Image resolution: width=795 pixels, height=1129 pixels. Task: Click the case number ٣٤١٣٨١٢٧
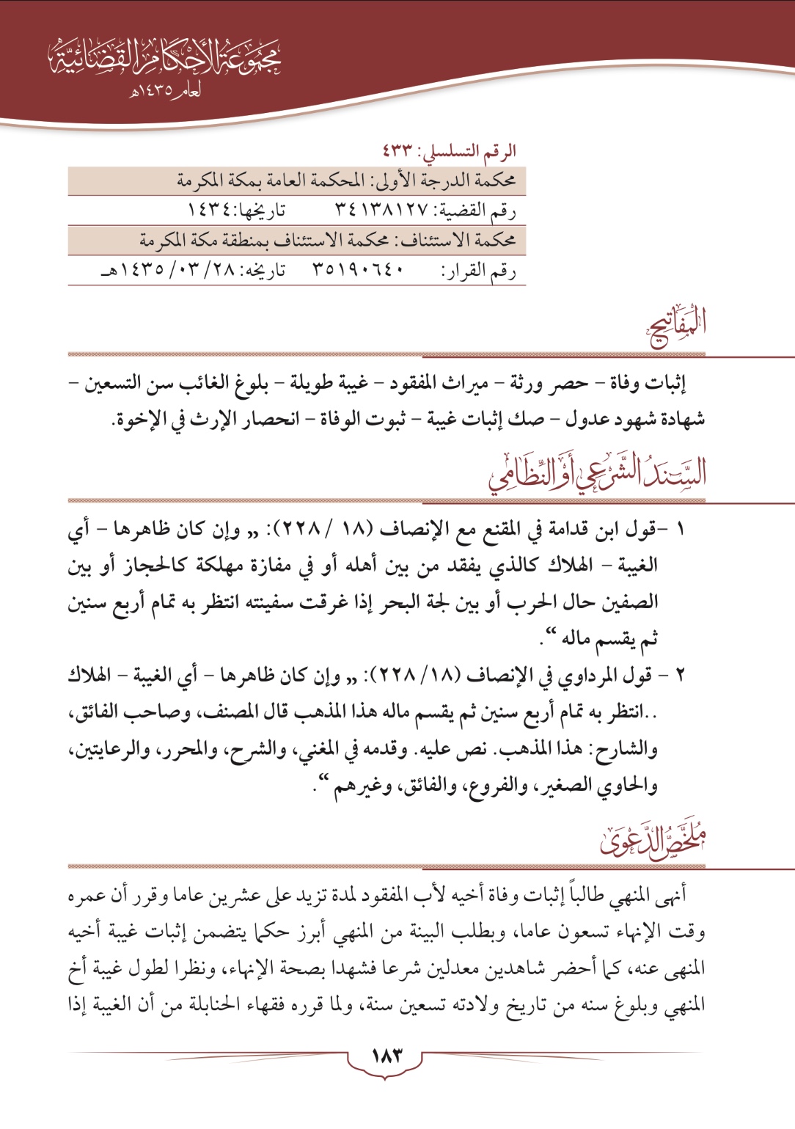click(381, 211)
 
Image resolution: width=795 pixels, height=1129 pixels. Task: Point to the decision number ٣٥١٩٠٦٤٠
click(359, 271)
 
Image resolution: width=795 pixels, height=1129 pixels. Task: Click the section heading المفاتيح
click(676, 329)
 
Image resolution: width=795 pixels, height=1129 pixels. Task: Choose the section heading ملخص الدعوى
click(653, 840)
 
